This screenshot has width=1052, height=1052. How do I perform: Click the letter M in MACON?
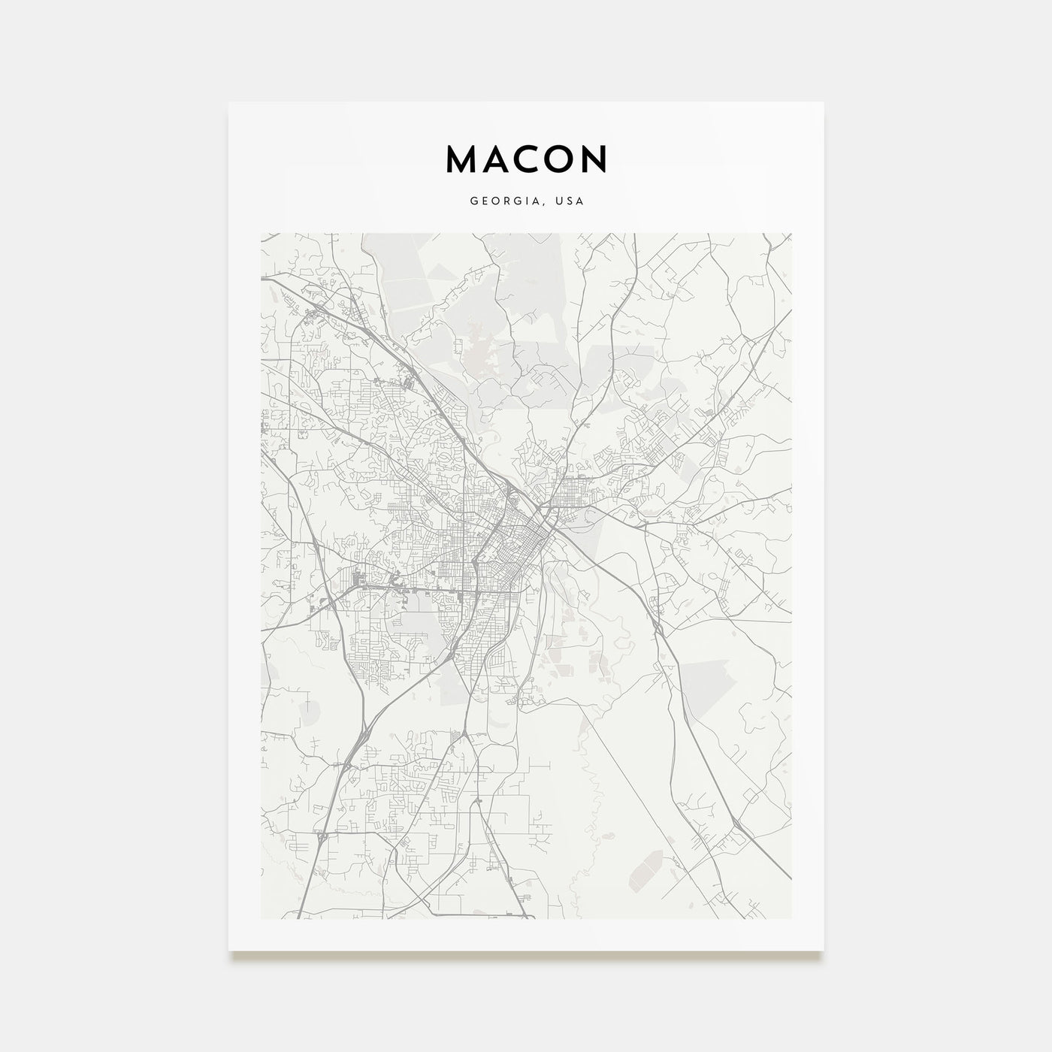coord(461,159)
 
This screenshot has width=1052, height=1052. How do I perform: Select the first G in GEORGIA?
coord(473,201)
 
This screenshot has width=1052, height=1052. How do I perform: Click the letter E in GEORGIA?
coord(484,201)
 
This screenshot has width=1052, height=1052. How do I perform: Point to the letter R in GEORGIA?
coord(506,201)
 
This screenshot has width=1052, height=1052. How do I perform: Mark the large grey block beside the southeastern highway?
coord(703,680)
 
